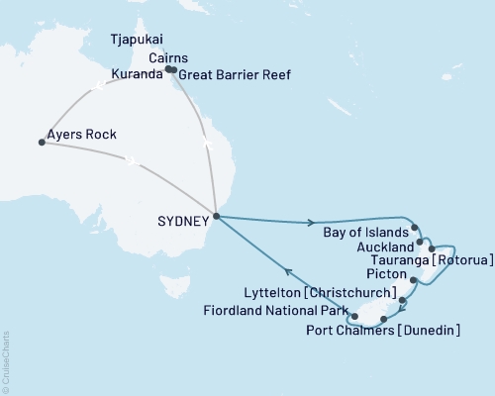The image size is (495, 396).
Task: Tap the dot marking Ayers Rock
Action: [42, 143]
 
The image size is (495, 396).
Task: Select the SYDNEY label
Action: [185, 222]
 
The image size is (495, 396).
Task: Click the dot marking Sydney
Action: [216, 216]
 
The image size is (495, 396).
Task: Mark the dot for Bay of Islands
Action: [416, 227]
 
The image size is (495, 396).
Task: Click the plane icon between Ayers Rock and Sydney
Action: [130, 159]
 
